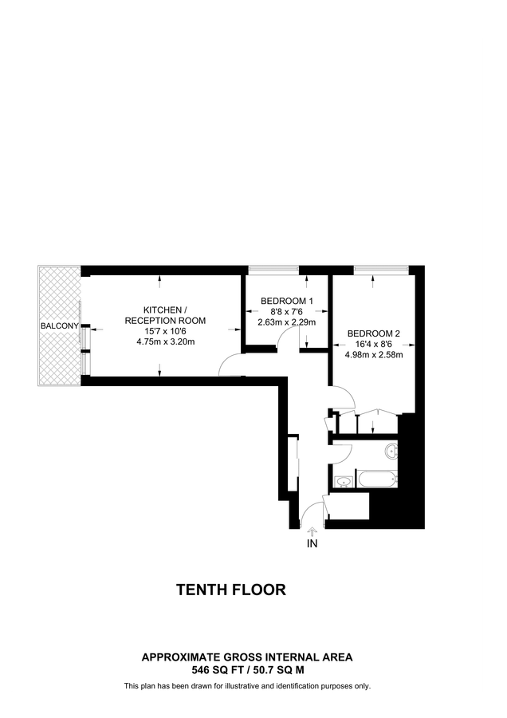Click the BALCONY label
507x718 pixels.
60,326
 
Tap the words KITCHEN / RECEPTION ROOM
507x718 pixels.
165,315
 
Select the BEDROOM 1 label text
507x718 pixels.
287,302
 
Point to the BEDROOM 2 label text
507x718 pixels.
373,333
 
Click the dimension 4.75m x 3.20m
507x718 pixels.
166,341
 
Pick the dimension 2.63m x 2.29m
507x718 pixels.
287,322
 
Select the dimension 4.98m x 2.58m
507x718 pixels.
373,354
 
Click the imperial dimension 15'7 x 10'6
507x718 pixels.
166,332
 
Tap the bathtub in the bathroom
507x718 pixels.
376,480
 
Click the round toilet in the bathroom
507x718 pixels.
391,451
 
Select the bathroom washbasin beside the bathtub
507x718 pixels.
344,482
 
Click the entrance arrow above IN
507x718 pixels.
312,531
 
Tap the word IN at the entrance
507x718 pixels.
312,544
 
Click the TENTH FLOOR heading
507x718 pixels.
231,590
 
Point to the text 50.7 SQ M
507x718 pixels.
281,670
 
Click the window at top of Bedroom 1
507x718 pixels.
273,269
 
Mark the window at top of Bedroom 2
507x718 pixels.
381,269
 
